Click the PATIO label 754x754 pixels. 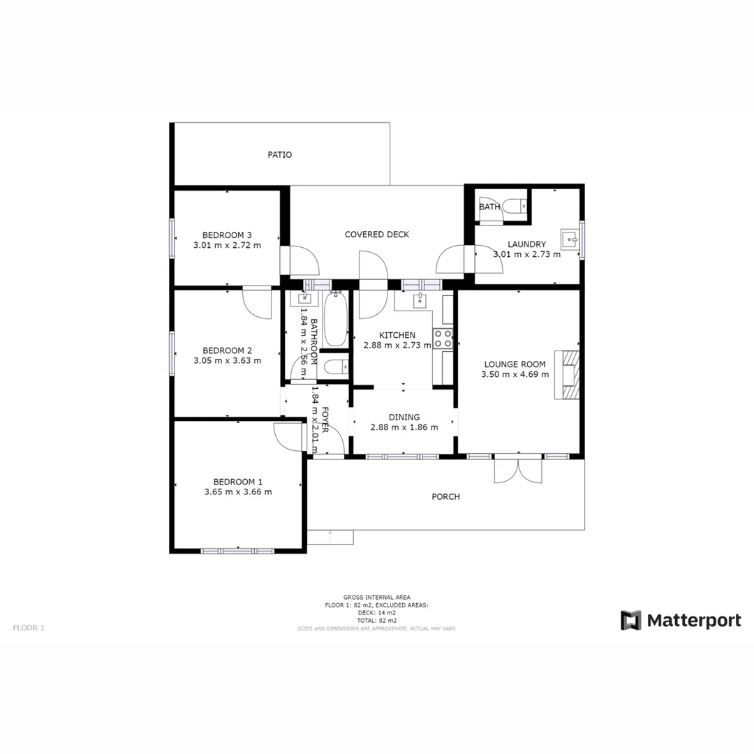[x=279, y=155]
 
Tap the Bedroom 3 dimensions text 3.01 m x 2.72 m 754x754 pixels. [x=227, y=246]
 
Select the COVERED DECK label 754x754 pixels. [x=376, y=235]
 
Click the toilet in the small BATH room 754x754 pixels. [x=517, y=207]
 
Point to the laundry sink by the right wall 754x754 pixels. [x=570, y=239]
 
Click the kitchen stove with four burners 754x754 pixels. [x=443, y=339]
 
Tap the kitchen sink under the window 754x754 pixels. [x=420, y=300]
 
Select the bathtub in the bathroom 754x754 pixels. [x=337, y=320]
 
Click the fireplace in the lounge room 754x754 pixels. [x=567, y=374]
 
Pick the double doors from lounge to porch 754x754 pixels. [x=517, y=469]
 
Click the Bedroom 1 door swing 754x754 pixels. [x=288, y=438]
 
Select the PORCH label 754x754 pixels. [x=445, y=497]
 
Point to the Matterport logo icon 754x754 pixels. [x=630, y=620]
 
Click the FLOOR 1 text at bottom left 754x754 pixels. [x=29, y=628]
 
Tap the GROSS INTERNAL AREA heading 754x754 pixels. [x=376, y=598]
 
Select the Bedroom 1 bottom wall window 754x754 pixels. [x=237, y=551]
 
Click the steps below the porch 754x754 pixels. [x=330, y=537]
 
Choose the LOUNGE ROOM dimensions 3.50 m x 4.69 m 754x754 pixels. [x=515, y=375]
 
